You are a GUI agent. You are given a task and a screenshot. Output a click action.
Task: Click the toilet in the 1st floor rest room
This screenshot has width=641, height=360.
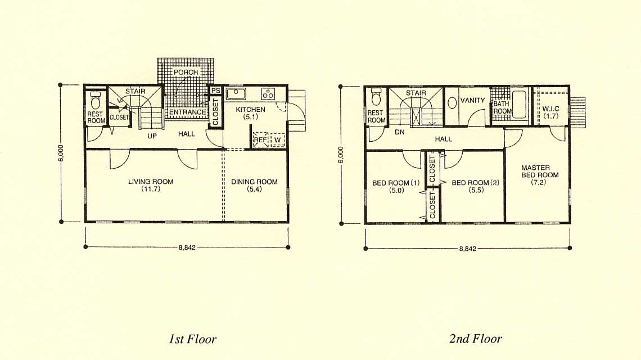pos(95,101)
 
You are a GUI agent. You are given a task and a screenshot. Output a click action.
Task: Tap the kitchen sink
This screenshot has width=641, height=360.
pos(236,94)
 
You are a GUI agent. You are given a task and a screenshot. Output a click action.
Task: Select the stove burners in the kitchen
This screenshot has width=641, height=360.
pos(268,94)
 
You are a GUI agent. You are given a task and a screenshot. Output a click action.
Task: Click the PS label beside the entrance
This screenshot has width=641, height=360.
pos(215,91)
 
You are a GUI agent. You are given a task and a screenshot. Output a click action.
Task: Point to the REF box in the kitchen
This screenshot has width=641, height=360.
pos(260,139)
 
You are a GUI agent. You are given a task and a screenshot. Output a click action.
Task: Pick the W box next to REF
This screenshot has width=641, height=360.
pos(277,139)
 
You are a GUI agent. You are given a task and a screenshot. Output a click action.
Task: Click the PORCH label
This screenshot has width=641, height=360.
pos(186,72)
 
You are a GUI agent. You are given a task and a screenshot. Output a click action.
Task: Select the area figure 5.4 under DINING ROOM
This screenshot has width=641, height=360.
pos(254,189)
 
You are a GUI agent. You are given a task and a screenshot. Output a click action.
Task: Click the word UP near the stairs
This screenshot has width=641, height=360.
pos(152,136)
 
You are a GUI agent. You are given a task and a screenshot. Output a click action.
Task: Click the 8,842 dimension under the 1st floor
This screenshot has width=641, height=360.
pos(187,247)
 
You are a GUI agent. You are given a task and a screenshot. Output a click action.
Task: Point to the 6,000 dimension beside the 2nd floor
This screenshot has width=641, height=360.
pos(341,155)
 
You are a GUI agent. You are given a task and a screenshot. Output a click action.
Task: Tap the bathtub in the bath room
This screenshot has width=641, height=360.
pos(520,104)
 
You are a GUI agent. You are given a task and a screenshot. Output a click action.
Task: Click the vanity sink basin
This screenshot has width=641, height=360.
pos(452,102)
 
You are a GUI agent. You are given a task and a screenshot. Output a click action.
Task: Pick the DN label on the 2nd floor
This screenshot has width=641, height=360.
pos(399,132)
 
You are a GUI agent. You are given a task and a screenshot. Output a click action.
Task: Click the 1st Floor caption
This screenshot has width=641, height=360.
pos(192,339)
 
